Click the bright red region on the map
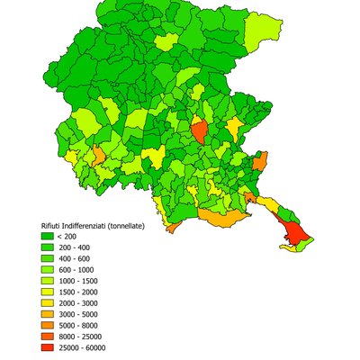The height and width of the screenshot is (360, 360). [x=294, y=236]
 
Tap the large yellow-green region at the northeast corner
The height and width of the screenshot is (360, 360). [x=263, y=29]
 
